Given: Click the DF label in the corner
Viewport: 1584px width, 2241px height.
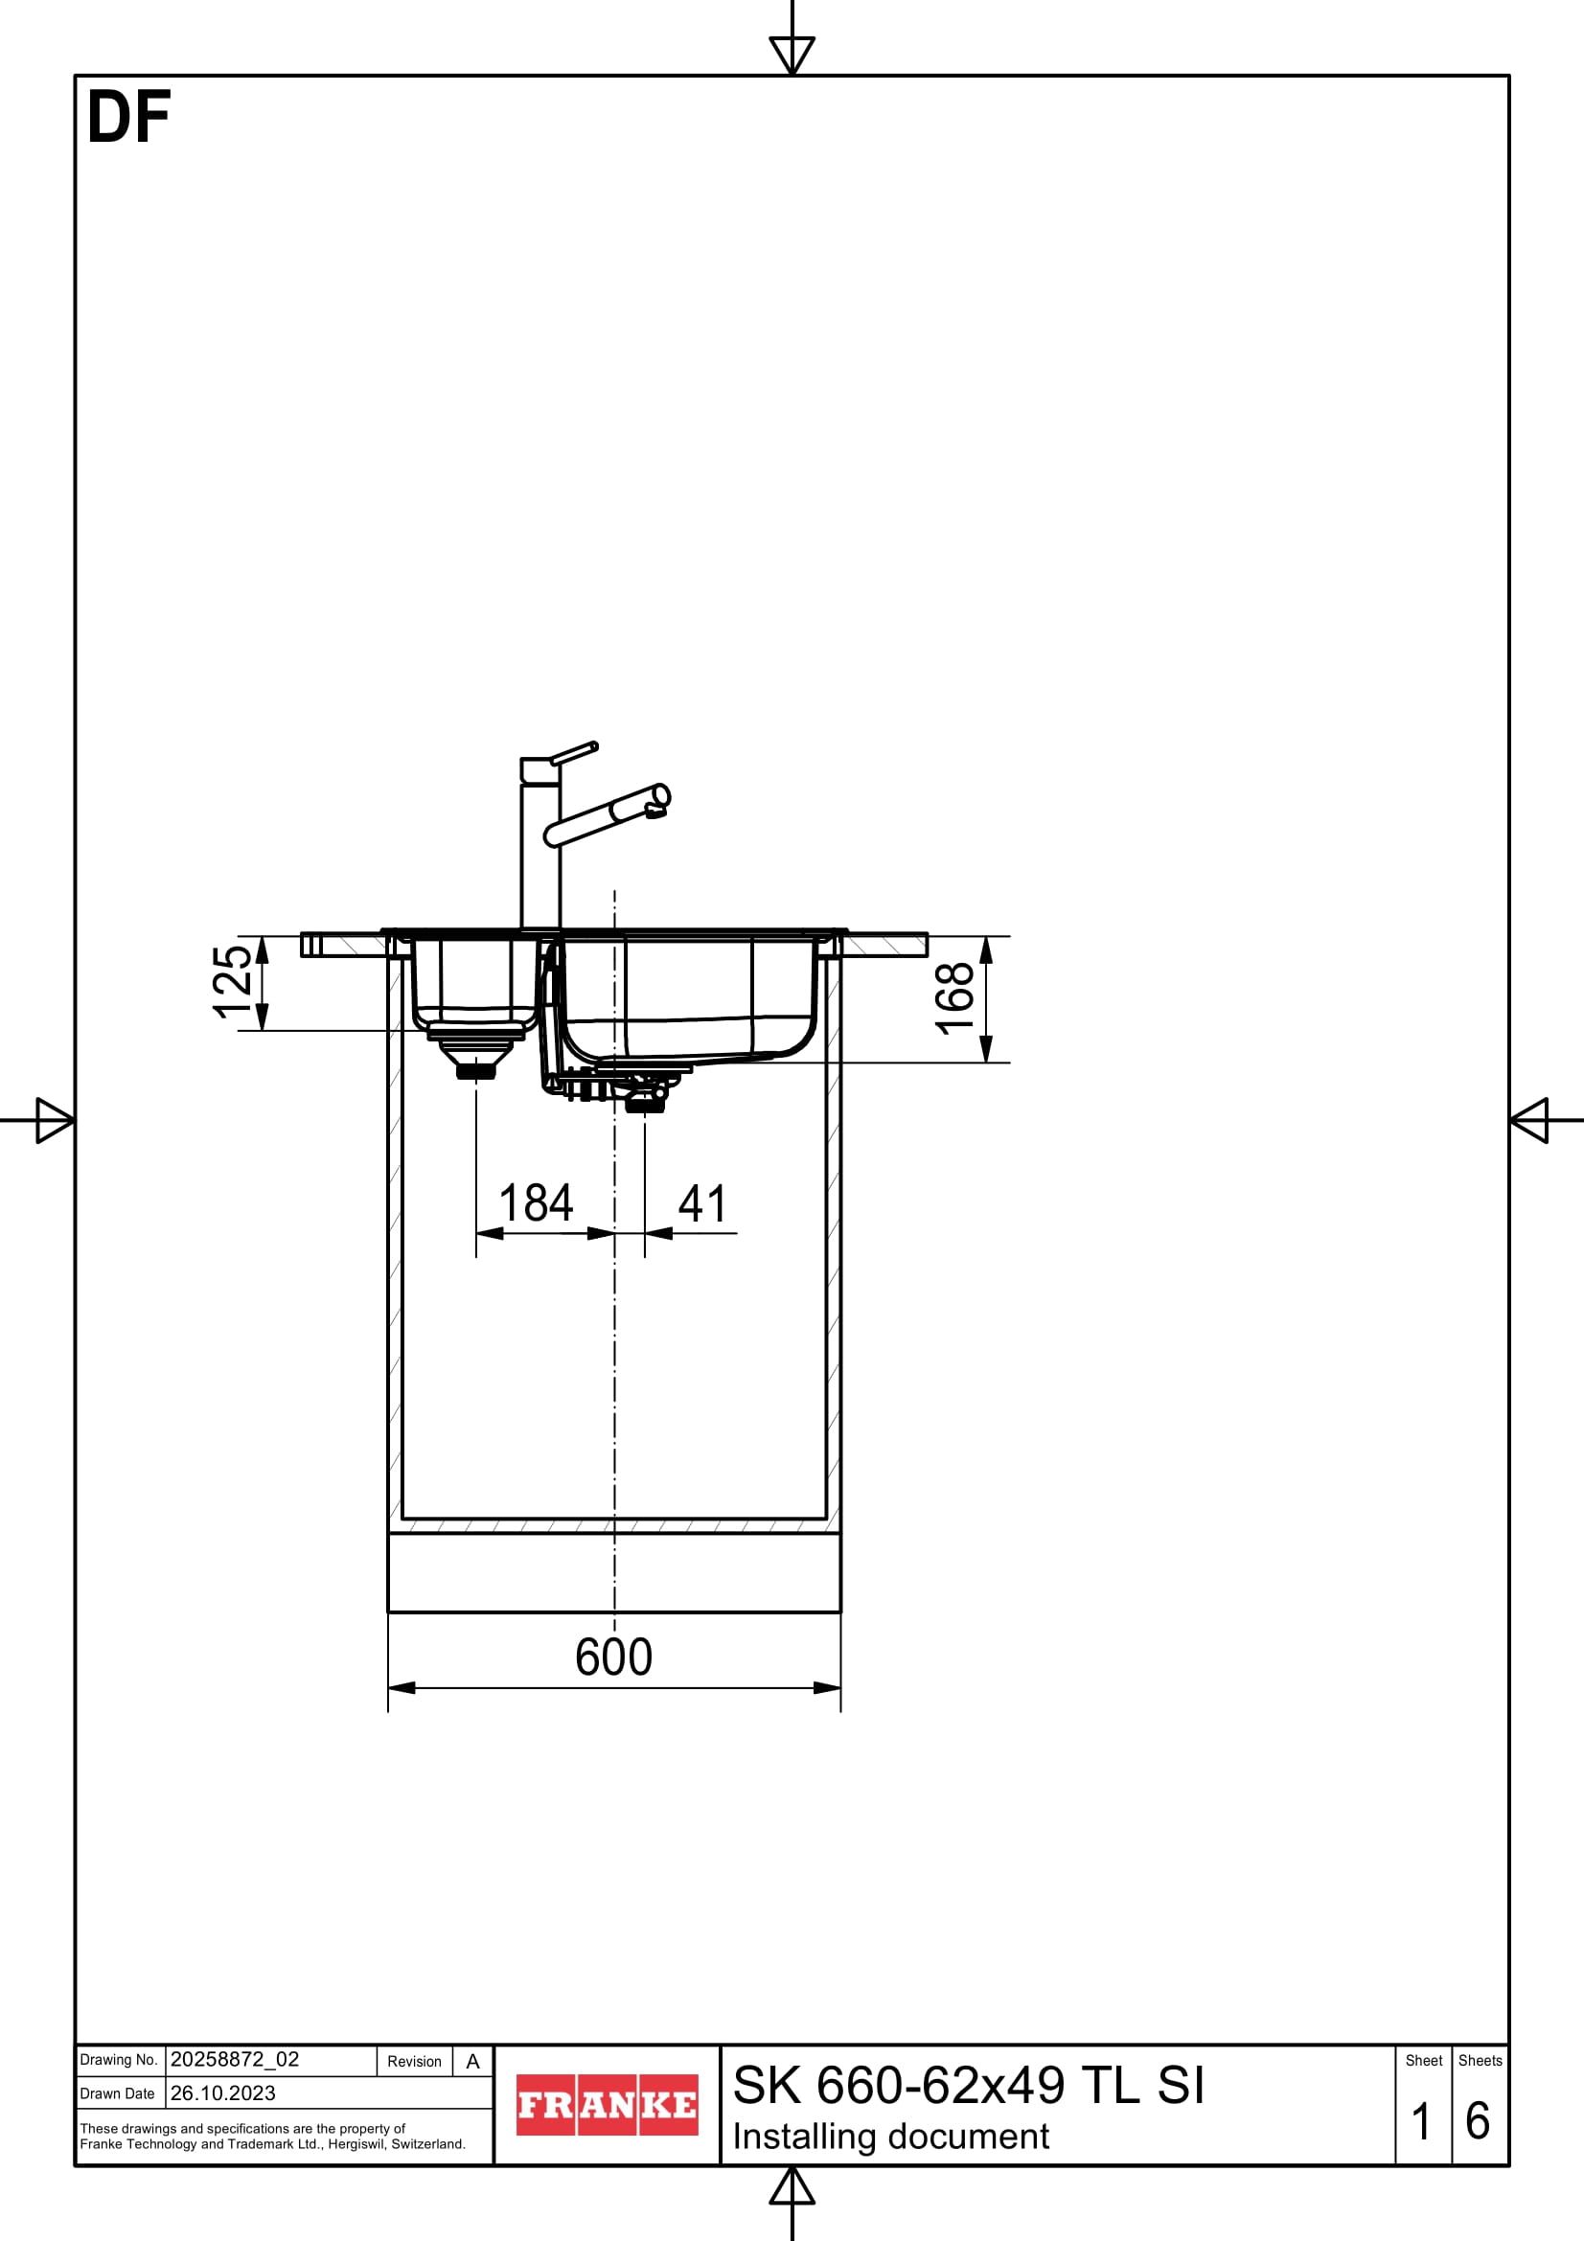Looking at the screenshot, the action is (x=128, y=118).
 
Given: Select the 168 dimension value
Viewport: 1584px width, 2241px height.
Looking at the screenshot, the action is (x=954, y=997).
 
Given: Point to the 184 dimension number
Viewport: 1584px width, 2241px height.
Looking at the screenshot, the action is (x=536, y=1203).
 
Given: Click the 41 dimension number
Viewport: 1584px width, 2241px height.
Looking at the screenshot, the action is (x=702, y=1203).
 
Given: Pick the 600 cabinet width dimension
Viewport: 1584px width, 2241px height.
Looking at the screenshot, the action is (x=614, y=1657).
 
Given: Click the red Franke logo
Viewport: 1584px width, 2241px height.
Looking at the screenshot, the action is (x=607, y=2105).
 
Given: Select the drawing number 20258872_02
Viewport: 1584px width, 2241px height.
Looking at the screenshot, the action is (x=234, y=2060).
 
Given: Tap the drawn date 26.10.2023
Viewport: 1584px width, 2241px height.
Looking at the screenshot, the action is (x=222, y=2093).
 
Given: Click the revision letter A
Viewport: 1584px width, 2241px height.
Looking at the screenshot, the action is (x=473, y=2062).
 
